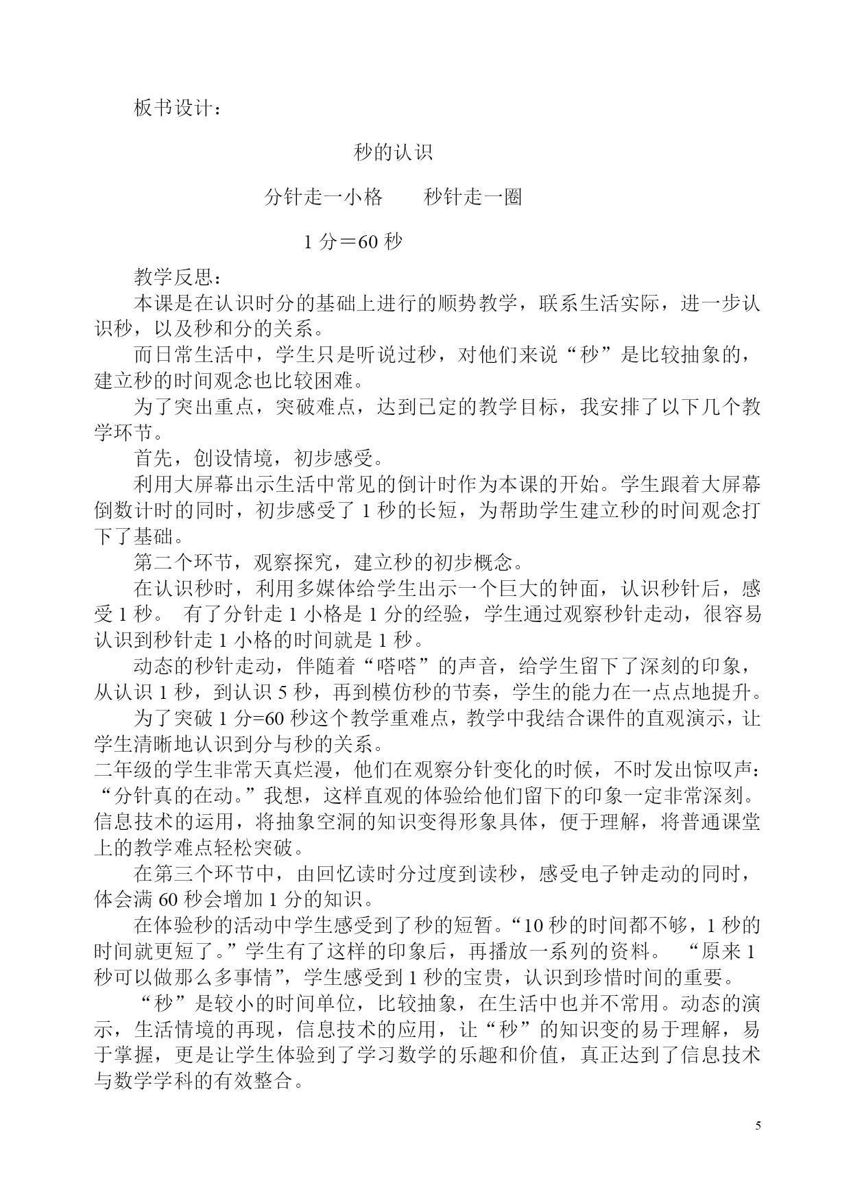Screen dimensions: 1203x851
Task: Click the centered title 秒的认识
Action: pos(393,152)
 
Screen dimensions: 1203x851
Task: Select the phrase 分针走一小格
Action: pos(323,197)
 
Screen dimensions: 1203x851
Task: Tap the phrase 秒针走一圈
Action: pos(473,197)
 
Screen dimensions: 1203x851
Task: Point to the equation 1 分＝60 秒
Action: pos(353,241)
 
